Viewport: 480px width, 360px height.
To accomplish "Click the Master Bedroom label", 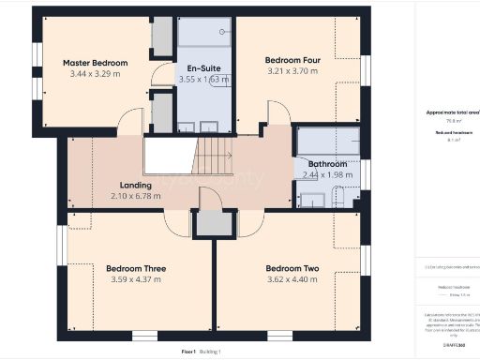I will (95, 63).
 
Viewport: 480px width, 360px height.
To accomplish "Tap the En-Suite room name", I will (203, 68).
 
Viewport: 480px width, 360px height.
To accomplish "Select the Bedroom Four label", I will (293, 58).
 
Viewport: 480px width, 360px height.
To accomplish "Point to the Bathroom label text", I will (326, 162).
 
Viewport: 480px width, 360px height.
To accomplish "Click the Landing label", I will (136, 185).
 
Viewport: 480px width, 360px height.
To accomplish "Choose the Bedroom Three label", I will (136, 268).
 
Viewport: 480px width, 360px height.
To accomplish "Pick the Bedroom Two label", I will (292, 268).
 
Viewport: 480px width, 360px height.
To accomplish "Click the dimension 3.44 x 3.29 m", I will (95, 75).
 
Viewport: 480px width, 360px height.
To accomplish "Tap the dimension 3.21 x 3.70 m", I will (293, 70).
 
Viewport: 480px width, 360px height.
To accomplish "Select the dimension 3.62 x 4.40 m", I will (292, 279).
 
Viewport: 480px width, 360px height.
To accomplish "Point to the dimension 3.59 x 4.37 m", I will (136, 279).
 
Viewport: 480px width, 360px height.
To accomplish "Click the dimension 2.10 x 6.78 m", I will (136, 196).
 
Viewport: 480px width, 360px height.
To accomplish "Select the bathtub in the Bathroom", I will (326, 141).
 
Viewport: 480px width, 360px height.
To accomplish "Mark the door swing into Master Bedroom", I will (131, 121).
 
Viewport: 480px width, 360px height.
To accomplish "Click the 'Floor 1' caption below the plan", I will (188, 351).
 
